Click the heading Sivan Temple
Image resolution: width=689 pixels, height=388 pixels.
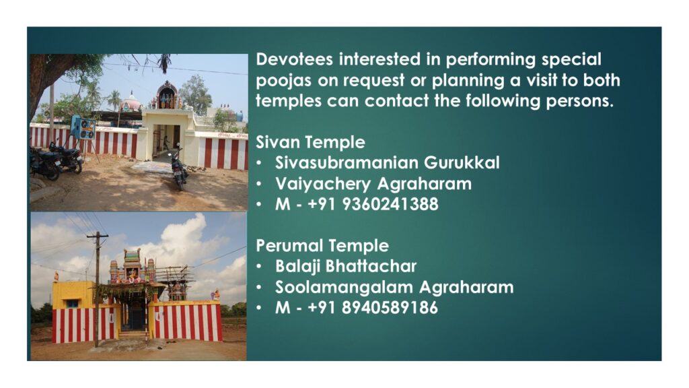tap(310, 142)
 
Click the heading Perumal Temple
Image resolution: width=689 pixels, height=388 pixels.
tap(322, 245)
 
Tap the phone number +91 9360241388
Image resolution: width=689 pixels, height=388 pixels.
tap(373, 204)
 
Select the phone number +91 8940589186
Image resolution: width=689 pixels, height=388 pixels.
tap(373, 307)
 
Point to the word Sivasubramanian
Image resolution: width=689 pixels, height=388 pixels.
tap(346, 163)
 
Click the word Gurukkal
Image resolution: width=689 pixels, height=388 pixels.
tap(462, 163)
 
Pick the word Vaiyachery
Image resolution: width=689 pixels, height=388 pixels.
tap(323, 184)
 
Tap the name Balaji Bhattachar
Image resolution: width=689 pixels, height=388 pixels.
tap(346, 266)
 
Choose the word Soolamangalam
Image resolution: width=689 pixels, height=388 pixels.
tap(344, 287)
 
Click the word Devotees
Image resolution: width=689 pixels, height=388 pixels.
tap(294, 59)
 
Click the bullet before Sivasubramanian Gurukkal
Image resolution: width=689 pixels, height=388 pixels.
tap(259, 164)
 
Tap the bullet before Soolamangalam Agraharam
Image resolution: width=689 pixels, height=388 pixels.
tap(259, 288)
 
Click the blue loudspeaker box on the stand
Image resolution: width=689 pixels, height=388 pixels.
tap(83, 128)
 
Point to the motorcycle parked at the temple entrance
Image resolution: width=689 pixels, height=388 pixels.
tap(179, 168)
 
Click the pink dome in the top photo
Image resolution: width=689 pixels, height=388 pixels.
tap(131, 102)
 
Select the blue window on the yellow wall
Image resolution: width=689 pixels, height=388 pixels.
tap(71, 304)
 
